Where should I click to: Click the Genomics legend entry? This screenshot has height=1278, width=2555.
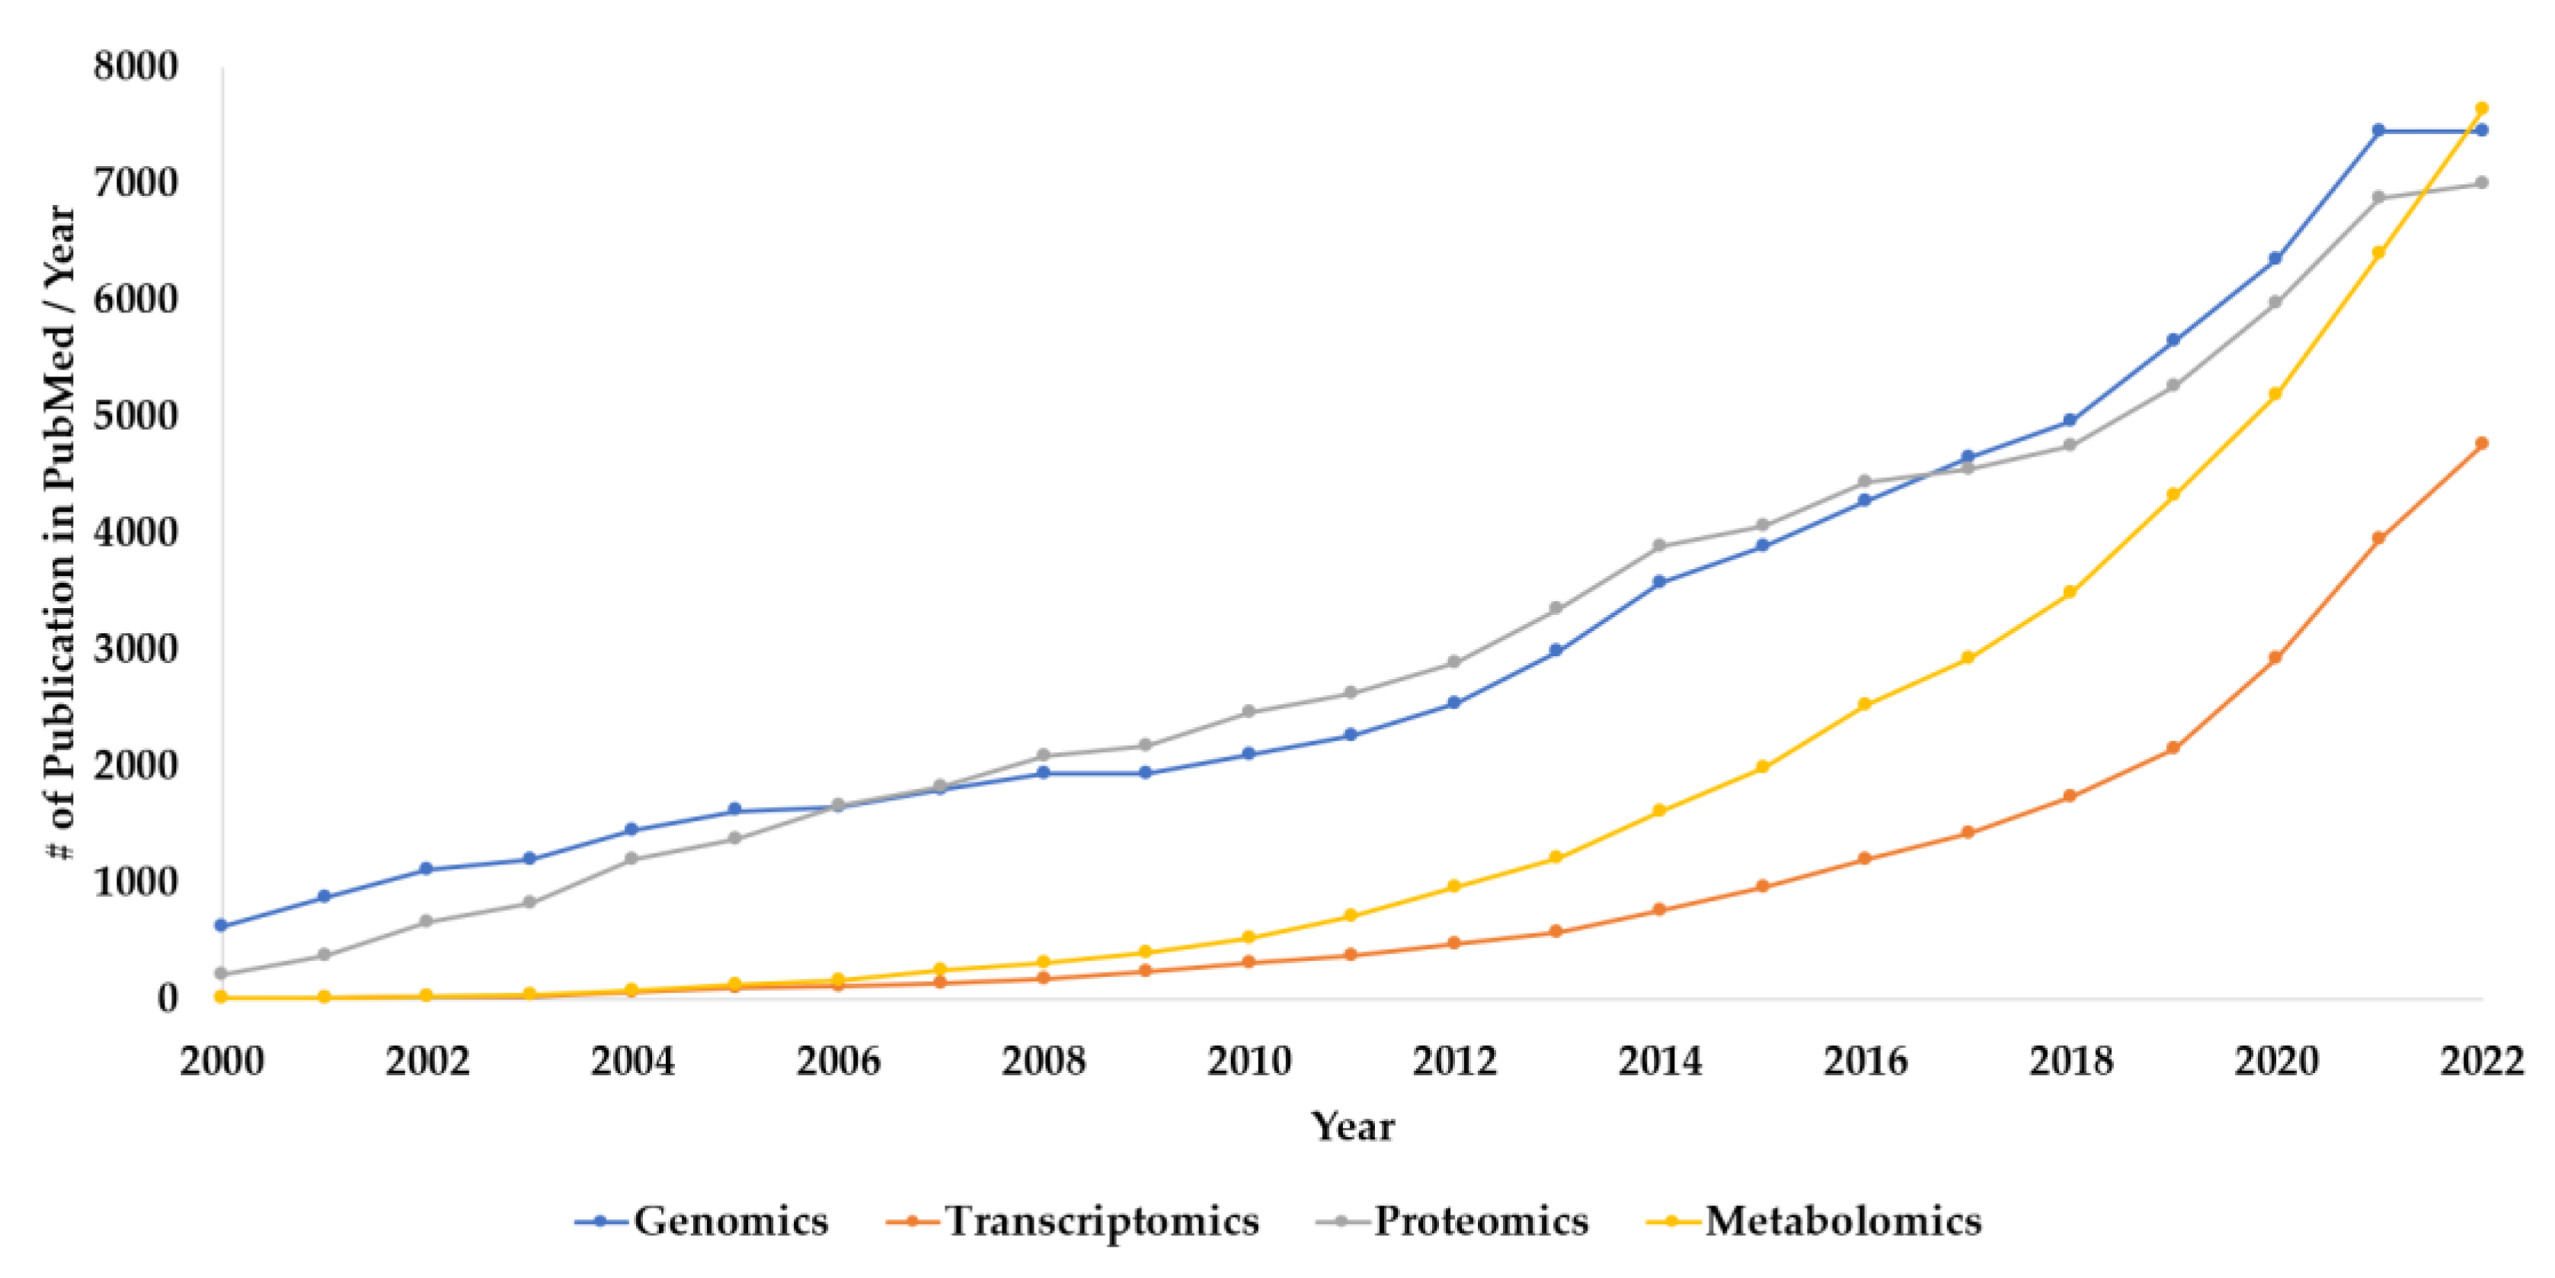click(702, 1220)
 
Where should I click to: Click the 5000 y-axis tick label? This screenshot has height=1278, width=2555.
click(136, 416)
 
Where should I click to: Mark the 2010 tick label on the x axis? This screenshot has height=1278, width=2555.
click(1249, 1062)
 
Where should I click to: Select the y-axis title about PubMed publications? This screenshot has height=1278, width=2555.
click(62, 533)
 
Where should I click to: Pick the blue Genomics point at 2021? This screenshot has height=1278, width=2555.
click(2378, 130)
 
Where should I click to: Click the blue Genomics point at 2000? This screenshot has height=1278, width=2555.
click(221, 924)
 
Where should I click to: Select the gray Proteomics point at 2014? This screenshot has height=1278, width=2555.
click(1659, 546)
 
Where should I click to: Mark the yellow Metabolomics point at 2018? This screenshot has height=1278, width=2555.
click(2070, 591)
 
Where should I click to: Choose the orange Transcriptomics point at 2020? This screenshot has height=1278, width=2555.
click(2275, 657)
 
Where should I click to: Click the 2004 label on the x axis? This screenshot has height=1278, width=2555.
click(632, 1062)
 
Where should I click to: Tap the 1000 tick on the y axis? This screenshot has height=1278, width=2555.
click(136, 882)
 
